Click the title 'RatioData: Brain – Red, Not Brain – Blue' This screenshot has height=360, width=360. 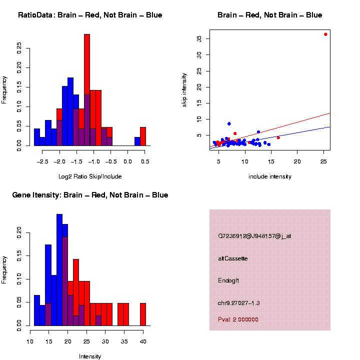coord(90,15)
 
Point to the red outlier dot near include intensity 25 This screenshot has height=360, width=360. coord(325,34)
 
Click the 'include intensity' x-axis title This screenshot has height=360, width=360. coord(270,176)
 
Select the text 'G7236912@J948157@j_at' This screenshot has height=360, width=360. coord(254,236)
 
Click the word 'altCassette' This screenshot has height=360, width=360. coord(232,258)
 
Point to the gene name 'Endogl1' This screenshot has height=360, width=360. coord(229,280)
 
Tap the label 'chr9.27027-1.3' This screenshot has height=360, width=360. coord(239,303)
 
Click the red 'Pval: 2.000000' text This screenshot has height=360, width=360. coord(238,319)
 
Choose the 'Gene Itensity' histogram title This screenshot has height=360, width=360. coord(90,195)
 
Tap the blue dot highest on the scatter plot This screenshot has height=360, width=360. coord(229,123)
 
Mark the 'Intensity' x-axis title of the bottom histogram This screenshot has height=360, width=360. coord(90,356)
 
